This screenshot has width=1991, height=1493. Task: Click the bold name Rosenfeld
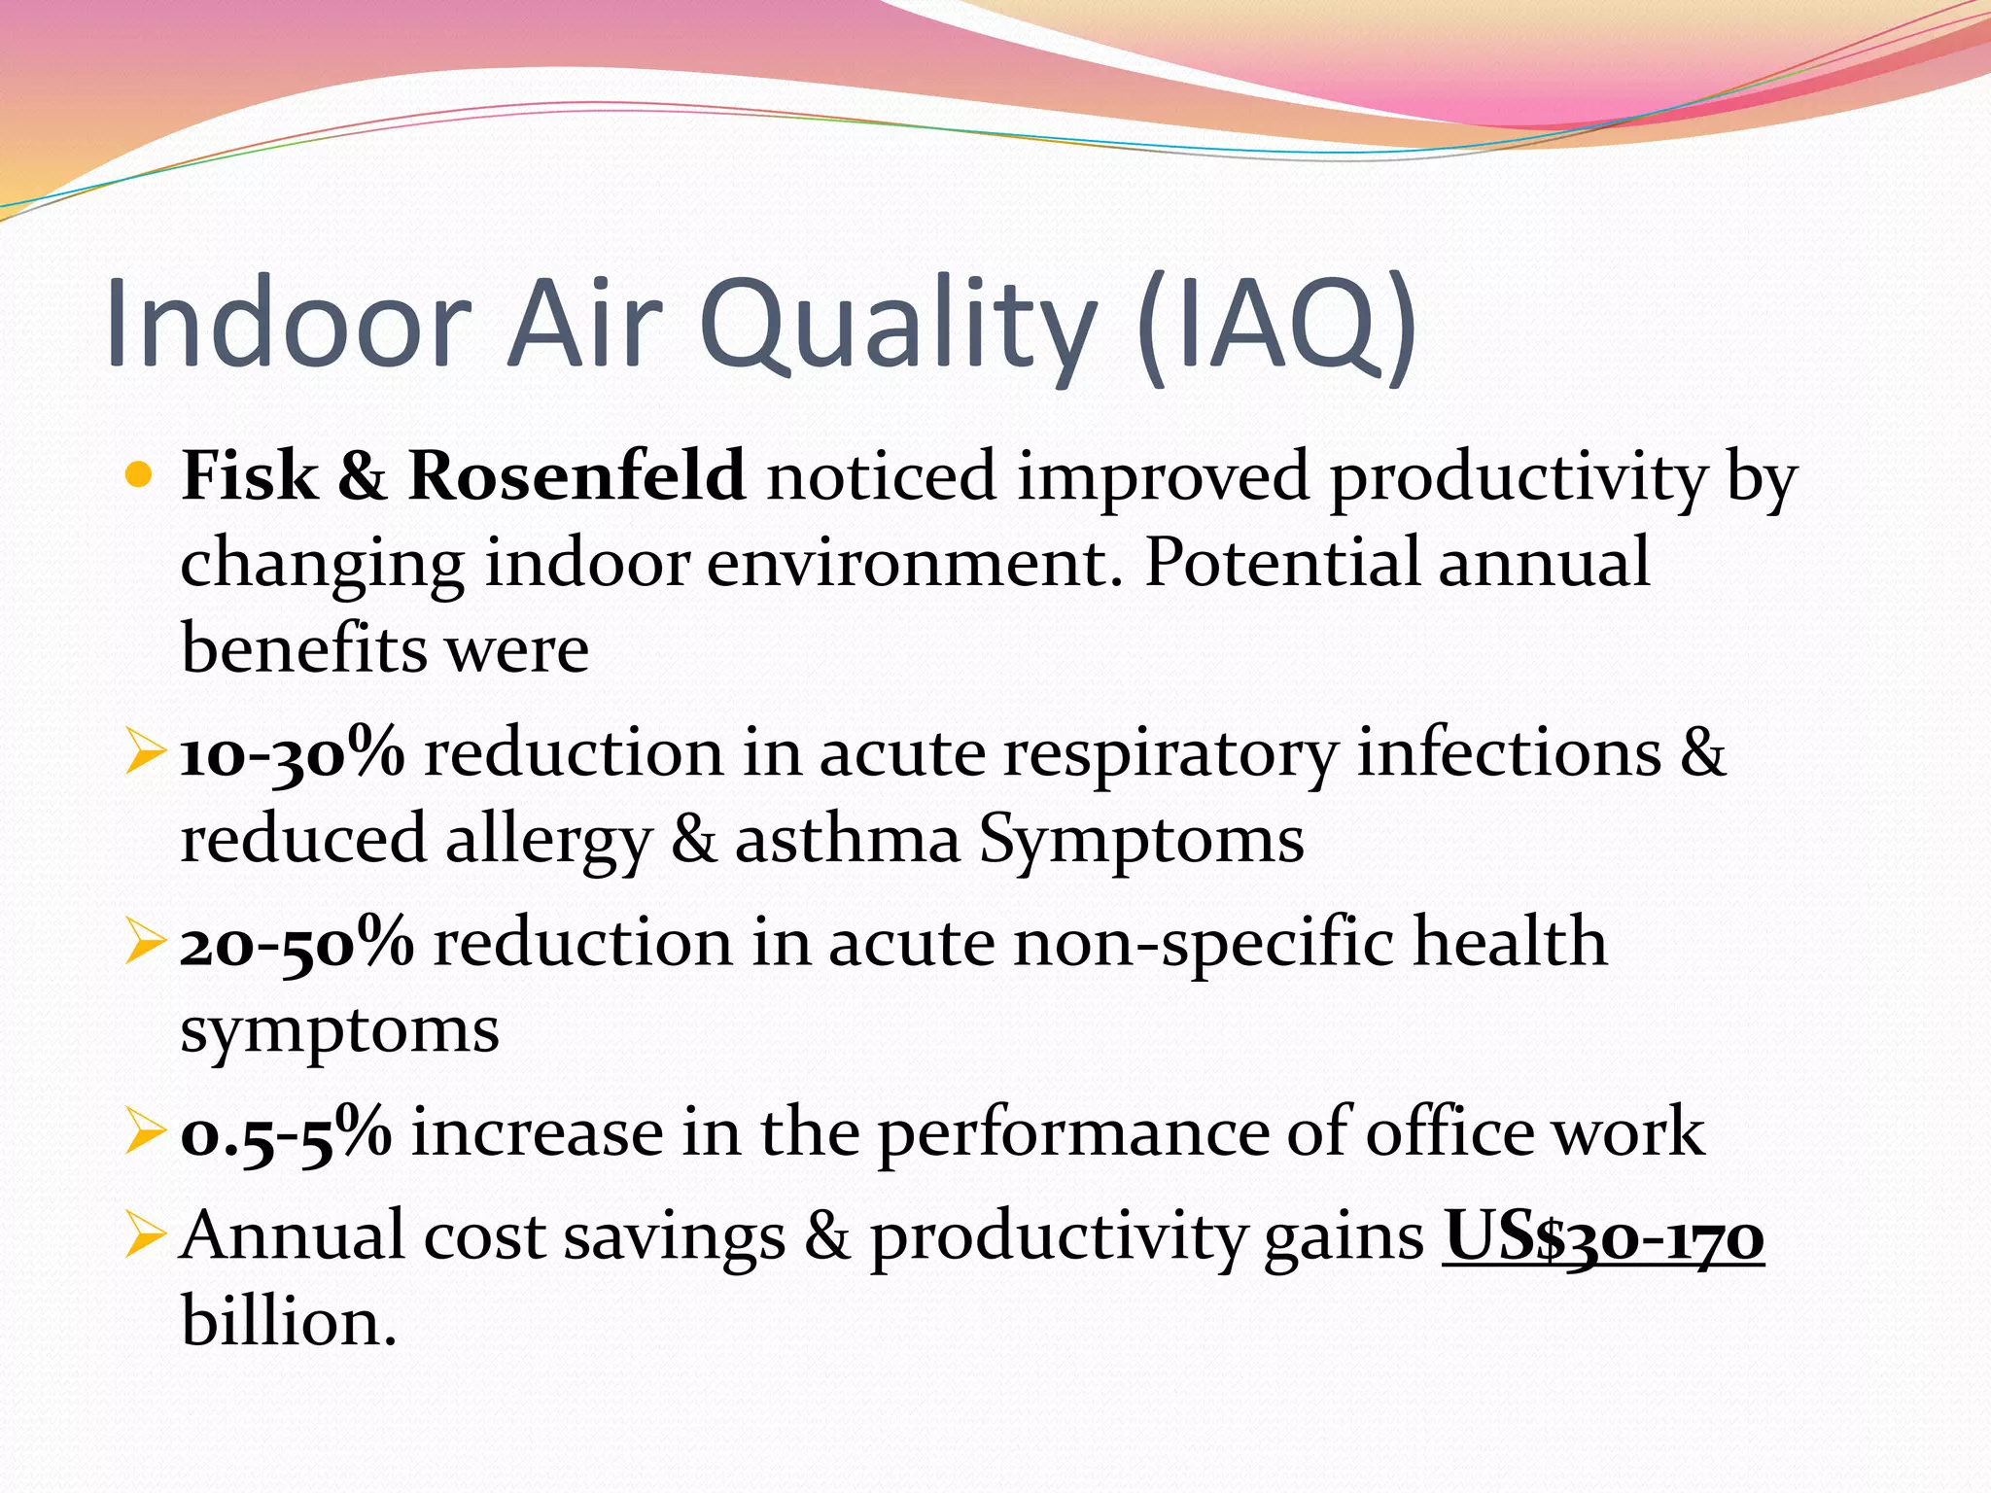(576, 476)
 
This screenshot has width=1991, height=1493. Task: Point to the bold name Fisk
(250, 476)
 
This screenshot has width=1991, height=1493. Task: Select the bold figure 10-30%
(292, 753)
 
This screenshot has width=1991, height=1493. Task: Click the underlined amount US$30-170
(1602, 1236)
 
